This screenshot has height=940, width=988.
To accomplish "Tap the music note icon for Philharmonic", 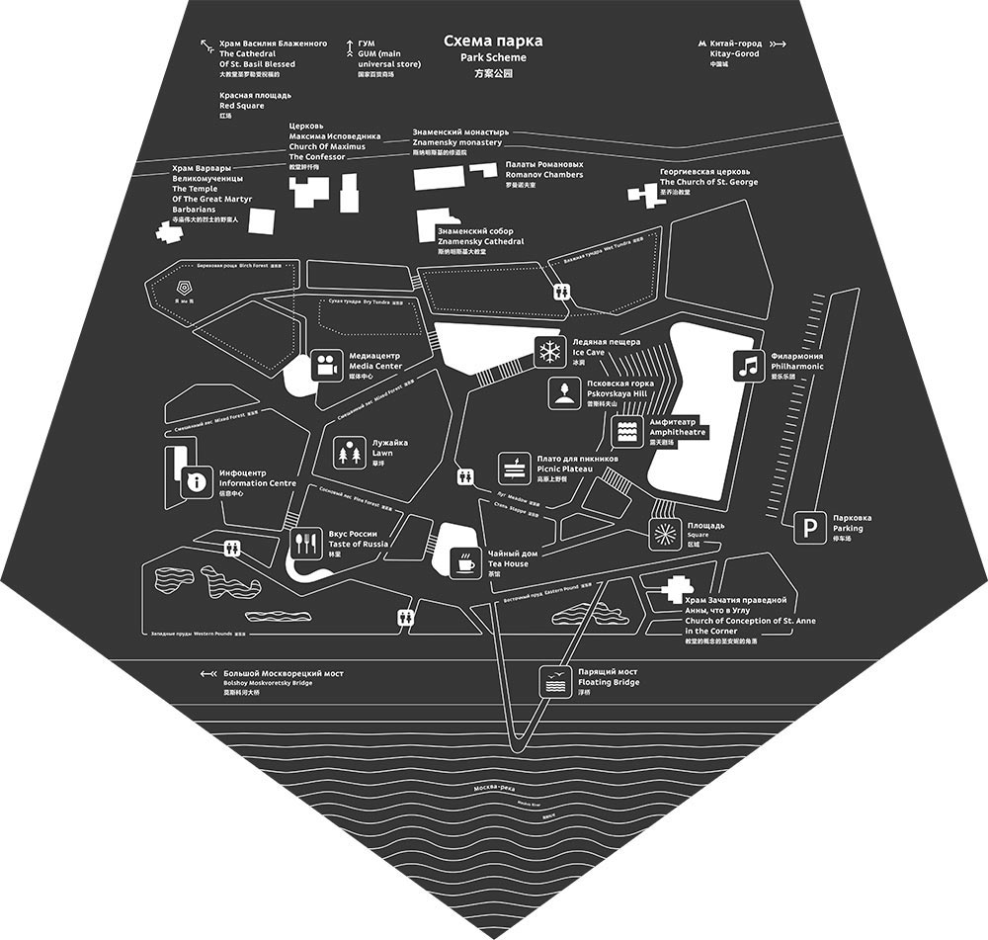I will pos(749,366).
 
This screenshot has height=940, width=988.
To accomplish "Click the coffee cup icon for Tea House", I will pos(464,563).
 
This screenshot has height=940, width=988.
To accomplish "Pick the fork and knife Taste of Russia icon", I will pos(303,542).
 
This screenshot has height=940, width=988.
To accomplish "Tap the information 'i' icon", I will pos(196,482).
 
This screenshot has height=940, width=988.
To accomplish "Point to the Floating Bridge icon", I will pos(554,681).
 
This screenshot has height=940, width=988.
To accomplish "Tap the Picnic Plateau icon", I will pos(514,467).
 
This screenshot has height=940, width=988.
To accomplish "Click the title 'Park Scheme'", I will pos(493,58).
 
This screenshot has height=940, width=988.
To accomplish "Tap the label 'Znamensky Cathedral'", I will pos(480,241).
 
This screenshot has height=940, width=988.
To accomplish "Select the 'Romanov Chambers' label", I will pos(543,175).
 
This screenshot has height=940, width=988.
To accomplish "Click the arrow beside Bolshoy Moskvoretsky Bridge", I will pos(208,674).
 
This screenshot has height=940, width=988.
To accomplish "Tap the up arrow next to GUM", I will pos(349,45).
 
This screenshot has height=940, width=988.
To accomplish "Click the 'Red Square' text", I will pos(242,105).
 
